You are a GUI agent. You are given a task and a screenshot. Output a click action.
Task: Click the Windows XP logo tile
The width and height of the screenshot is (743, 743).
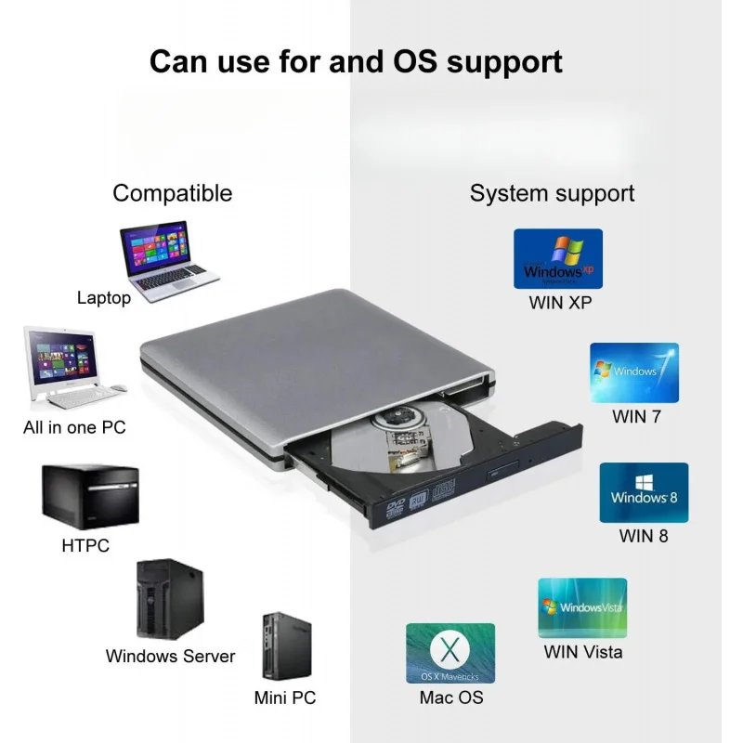pyautogui.click(x=558, y=259)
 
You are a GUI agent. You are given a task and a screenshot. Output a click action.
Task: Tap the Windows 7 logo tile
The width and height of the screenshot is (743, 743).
pyautogui.click(x=634, y=373)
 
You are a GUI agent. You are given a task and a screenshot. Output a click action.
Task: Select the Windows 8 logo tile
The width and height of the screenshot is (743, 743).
pyautogui.click(x=644, y=493)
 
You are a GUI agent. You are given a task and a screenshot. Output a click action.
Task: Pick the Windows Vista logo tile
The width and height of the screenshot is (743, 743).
pyautogui.click(x=582, y=607)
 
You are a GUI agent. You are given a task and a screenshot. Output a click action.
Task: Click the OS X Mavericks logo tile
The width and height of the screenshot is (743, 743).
pyautogui.click(x=450, y=654)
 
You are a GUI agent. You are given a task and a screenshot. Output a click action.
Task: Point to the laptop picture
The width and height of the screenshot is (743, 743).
pyautogui.click(x=168, y=262)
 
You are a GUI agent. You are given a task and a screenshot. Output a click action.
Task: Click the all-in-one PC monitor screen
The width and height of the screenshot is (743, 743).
pyautogui.click(x=61, y=356)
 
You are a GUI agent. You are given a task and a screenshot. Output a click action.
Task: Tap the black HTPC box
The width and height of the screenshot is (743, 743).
pyautogui.click(x=90, y=496)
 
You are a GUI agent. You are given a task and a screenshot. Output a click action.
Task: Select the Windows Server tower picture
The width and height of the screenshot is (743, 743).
pyautogui.click(x=170, y=599)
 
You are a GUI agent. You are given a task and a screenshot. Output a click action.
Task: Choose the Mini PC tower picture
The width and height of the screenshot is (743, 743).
pyautogui.click(x=287, y=645)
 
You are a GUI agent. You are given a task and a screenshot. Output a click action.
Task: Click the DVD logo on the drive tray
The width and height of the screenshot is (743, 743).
pyautogui.click(x=395, y=507)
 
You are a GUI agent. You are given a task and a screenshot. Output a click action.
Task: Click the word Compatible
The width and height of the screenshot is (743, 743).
pyautogui.click(x=173, y=193)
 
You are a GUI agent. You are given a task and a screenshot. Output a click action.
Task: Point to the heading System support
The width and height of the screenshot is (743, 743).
pyautogui.click(x=552, y=193)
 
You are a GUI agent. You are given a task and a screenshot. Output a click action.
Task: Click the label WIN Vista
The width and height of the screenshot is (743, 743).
pyautogui.click(x=583, y=652)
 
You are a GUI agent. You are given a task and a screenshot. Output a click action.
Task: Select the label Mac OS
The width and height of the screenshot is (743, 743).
pyautogui.click(x=451, y=697)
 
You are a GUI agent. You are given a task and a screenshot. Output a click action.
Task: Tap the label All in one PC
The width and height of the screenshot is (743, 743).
pyautogui.click(x=74, y=427)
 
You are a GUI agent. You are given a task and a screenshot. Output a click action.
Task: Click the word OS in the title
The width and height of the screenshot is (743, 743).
pyautogui.click(x=415, y=61)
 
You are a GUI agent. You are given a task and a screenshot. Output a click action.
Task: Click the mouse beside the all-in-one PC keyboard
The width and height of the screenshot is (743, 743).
pyautogui.click(x=119, y=388)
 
